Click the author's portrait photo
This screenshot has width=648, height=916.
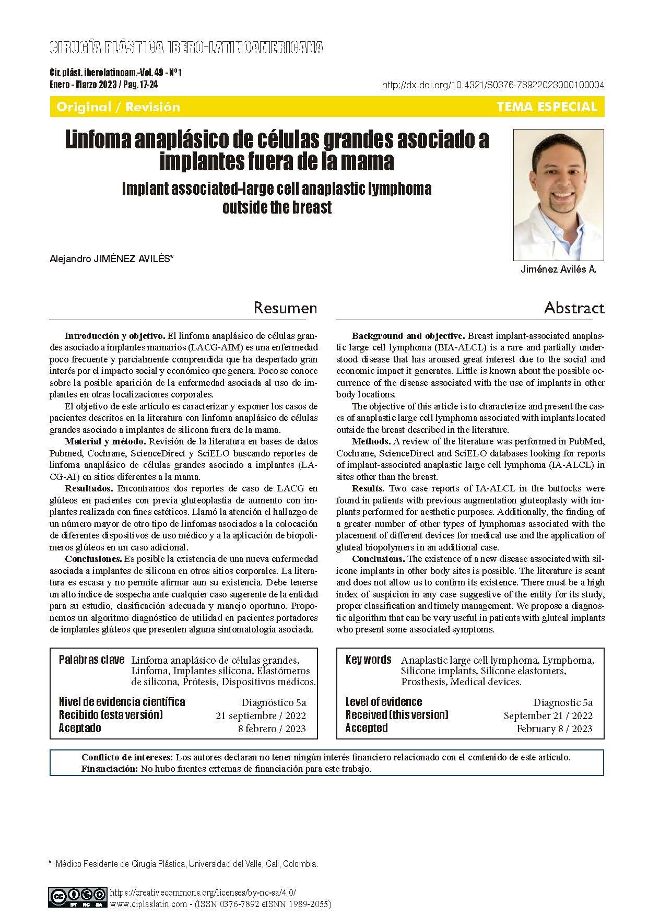coord(559,195)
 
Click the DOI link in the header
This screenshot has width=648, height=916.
coord(493,85)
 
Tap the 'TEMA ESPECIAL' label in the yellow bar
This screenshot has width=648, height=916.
coord(547,107)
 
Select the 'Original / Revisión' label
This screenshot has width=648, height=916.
coord(118,107)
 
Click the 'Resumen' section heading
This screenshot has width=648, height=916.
coord(285,308)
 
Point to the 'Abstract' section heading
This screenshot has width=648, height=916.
coord(574,308)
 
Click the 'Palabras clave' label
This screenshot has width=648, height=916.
coord(91,660)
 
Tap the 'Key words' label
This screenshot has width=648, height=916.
coord(368,660)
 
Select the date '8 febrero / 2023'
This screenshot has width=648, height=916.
coord(272,729)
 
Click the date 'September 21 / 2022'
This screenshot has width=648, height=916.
coord(548,715)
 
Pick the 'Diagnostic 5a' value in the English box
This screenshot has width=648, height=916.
coord(563,702)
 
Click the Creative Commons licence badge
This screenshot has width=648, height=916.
coord(78,896)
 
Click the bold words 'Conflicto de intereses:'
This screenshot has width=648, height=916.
coord(127,757)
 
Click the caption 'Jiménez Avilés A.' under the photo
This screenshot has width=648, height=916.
coord(558,269)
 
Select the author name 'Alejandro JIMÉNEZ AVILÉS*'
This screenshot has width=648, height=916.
coord(111,259)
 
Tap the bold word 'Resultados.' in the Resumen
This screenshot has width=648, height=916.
coord(89,488)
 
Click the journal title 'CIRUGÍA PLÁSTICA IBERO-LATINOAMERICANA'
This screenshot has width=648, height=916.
coord(186,48)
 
